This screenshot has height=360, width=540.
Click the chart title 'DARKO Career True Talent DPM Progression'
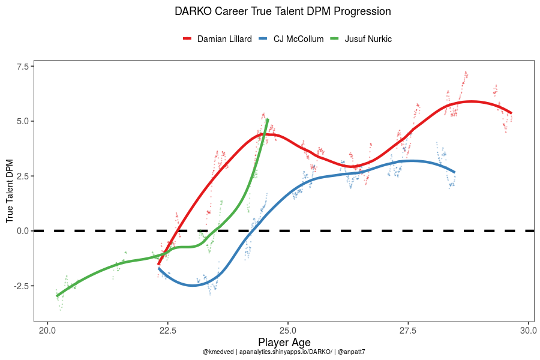click(283, 11)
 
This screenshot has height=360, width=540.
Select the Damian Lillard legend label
click(224, 39)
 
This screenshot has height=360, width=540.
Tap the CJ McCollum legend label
click(298, 39)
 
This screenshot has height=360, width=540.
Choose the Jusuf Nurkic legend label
click(368, 39)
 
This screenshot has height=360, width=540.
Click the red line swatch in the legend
click(187, 39)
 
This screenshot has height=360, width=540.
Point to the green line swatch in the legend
click(335, 39)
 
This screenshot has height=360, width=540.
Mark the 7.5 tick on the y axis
click(22, 66)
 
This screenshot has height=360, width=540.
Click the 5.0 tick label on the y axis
click(22, 121)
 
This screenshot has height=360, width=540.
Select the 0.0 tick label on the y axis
click(22, 231)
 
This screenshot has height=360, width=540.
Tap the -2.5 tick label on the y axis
click(20, 286)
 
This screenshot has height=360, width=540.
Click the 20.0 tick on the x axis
click(47, 330)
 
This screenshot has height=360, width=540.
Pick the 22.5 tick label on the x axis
click(167, 330)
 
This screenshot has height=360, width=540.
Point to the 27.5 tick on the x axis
click(408, 330)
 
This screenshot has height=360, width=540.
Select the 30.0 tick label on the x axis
click(528, 330)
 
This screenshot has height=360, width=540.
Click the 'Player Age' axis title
click(284, 342)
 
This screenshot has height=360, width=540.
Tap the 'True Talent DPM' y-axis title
click(10, 190)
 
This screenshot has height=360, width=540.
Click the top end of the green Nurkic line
click(268, 120)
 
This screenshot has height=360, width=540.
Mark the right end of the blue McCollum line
click(454, 172)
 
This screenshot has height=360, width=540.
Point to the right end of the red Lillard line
click(511, 113)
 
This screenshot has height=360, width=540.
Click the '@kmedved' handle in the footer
click(218, 352)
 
